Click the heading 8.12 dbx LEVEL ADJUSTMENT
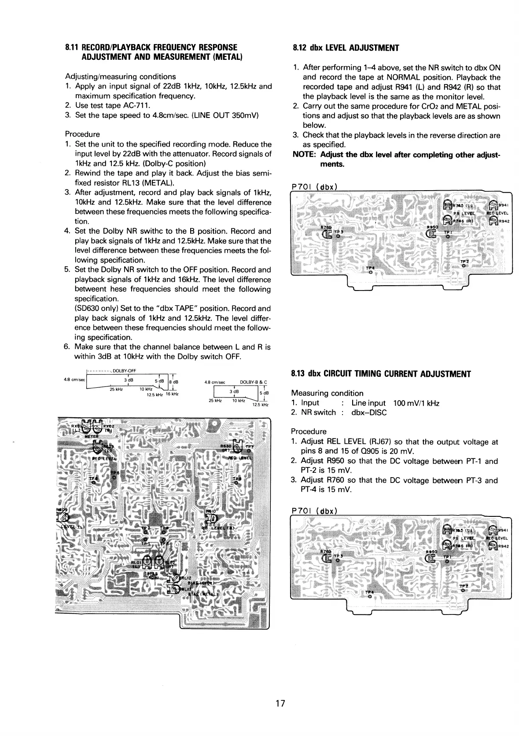(x=346, y=48)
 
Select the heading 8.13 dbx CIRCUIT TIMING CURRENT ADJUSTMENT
(x=381, y=374)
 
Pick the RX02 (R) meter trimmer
(x=97, y=426)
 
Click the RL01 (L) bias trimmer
(x=147, y=562)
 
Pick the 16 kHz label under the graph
(x=172, y=394)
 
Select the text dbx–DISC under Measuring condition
(x=369, y=412)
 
